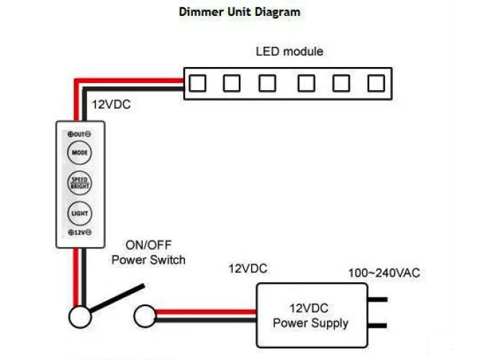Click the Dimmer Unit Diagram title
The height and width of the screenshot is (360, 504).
click(x=238, y=12)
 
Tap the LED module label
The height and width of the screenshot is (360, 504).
click(x=289, y=52)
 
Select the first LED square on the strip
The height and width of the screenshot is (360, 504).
click(x=197, y=84)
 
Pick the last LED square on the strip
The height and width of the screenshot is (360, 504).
click(x=375, y=84)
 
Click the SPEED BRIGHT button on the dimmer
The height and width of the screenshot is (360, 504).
click(x=78, y=183)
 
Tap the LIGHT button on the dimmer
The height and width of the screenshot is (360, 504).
click(x=78, y=214)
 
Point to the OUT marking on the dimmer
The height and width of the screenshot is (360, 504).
click(x=78, y=135)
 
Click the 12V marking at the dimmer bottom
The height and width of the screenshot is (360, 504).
click(x=78, y=233)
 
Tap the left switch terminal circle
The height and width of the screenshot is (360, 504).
click(x=79, y=316)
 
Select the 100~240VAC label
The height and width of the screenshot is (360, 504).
click(x=384, y=273)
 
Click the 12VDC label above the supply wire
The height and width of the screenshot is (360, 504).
click(x=248, y=269)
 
